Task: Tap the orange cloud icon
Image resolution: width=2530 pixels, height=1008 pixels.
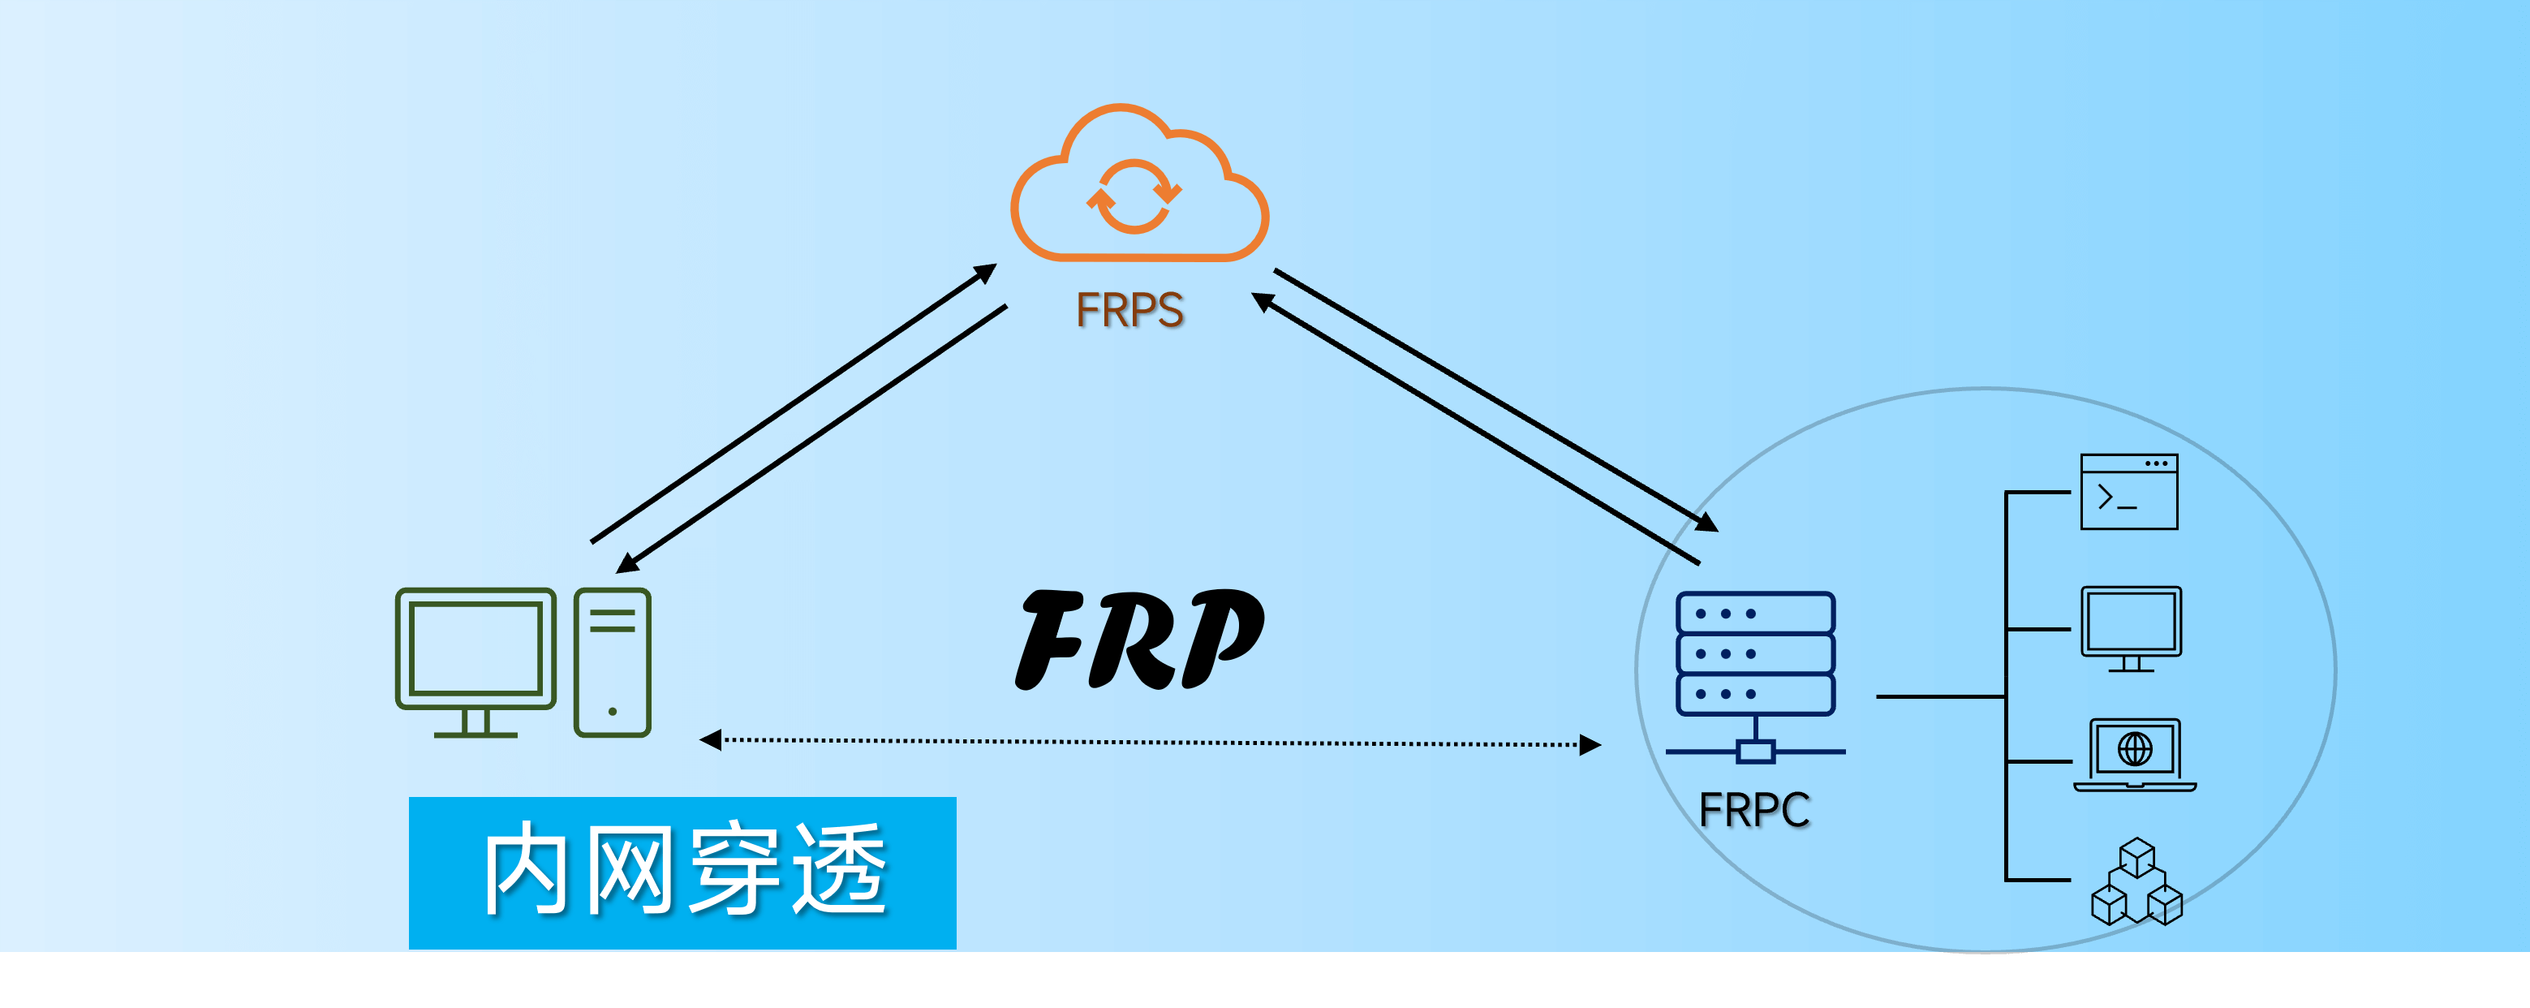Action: [x=1139, y=187]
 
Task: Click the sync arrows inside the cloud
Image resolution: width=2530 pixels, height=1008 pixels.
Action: [x=1134, y=196]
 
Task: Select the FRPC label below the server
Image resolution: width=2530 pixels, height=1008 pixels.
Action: [x=1754, y=811]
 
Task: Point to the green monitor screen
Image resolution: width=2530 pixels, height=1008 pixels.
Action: [x=475, y=648]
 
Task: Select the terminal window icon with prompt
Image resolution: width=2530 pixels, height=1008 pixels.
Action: [x=2129, y=491]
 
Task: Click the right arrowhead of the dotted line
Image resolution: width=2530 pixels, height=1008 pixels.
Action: [x=1590, y=745]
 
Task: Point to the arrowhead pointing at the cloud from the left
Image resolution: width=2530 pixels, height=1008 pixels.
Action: [x=986, y=272]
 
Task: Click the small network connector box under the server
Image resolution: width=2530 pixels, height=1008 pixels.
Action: [x=1755, y=752]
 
